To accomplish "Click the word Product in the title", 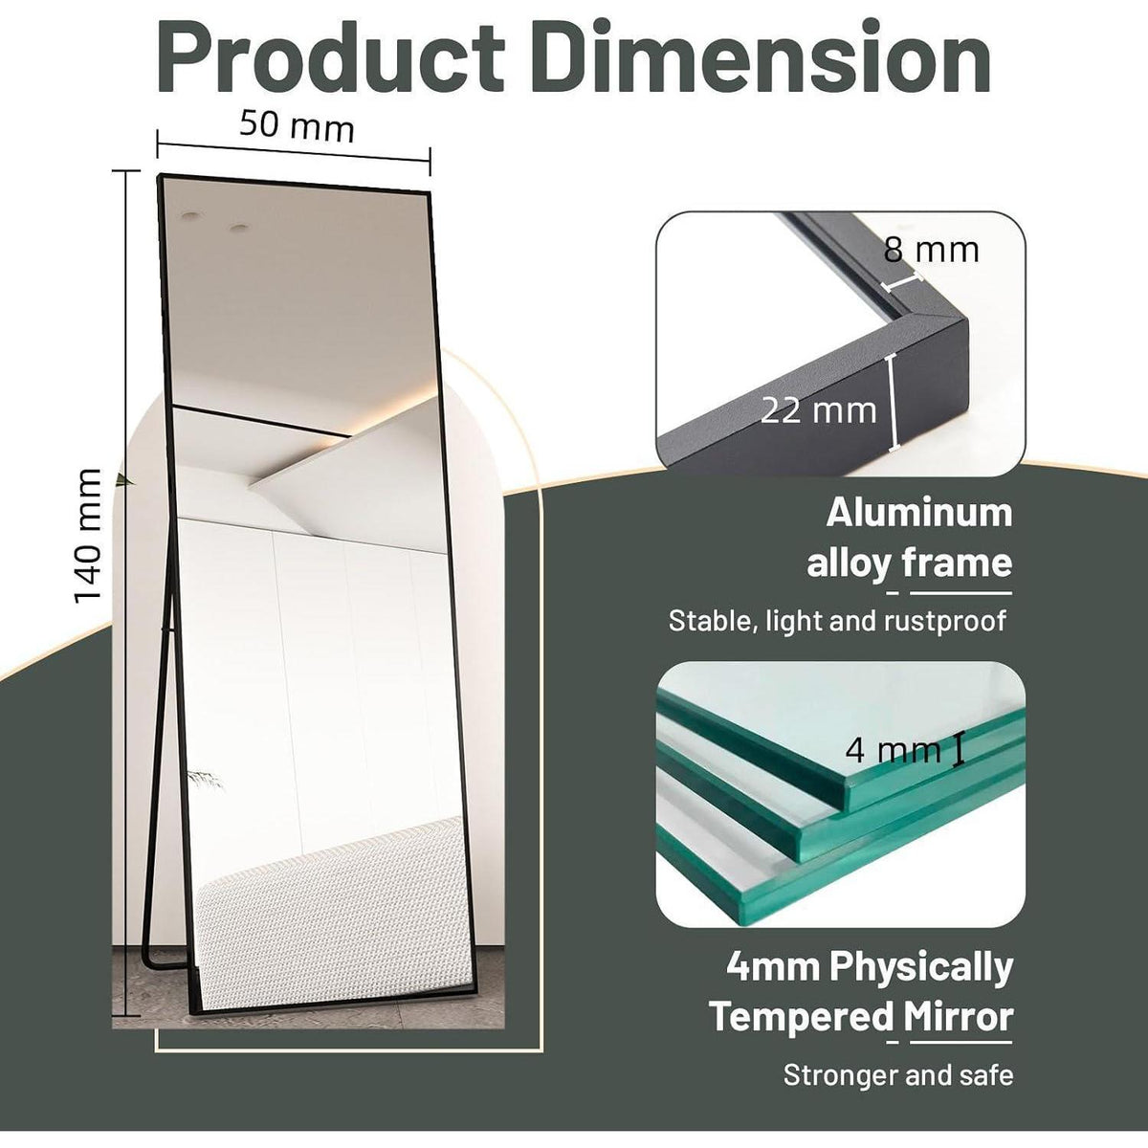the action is [x=331, y=57].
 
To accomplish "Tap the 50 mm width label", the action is [x=297, y=127].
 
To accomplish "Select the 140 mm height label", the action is [x=88, y=536].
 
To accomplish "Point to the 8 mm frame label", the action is [x=931, y=251].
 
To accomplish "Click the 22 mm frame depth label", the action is [x=819, y=411].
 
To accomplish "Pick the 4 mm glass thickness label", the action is [x=893, y=751].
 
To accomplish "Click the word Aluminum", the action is [x=919, y=513].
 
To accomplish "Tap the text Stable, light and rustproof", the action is [x=837, y=621].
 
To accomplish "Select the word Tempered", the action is [x=802, y=1017].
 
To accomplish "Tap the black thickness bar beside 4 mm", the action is [x=959, y=750].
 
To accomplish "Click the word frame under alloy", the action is [x=958, y=563].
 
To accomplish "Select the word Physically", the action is [x=920, y=968].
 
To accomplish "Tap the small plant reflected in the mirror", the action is [x=205, y=778].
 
